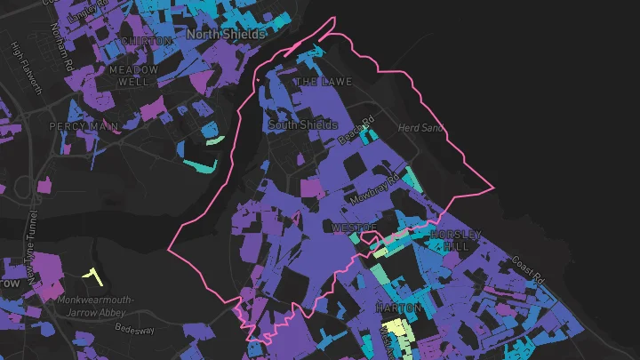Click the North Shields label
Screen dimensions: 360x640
pos(226,34)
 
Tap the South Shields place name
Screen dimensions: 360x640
pos(302,125)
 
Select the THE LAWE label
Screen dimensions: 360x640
pos(324,82)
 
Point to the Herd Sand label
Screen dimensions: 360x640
pos(420,128)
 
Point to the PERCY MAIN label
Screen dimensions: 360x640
pos(84,127)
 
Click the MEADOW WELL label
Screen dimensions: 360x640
pos(134,76)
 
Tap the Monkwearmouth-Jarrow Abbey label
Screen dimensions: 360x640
pos(96,306)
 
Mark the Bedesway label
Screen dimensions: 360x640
pos(134,328)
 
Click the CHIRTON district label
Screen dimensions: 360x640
pos(146,41)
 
